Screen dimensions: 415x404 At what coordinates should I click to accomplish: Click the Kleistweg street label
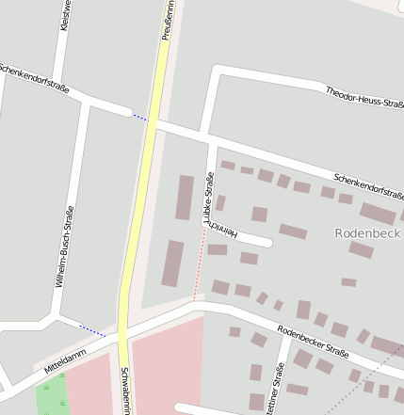pos(64,18)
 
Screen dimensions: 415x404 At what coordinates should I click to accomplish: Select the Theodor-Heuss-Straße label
pos(364,97)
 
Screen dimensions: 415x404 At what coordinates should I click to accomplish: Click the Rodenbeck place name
pos(368,232)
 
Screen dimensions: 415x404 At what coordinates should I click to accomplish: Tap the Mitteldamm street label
pos(64,359)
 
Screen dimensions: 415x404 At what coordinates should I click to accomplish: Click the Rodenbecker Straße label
pos(313,342)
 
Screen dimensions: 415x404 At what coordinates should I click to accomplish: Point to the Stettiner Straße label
pos(279,391)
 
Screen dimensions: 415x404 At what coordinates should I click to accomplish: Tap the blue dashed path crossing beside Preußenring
pos(139,118)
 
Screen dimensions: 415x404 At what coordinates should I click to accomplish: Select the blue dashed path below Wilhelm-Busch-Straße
pos(91,328)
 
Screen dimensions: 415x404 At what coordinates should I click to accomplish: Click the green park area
pos(53,395)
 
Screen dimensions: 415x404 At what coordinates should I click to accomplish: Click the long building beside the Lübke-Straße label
pos(185,198)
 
